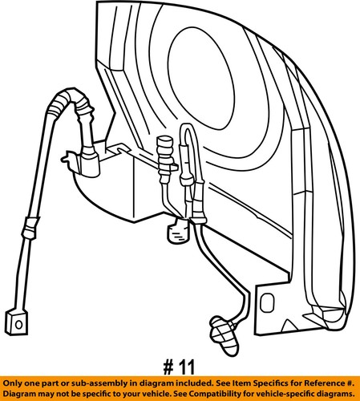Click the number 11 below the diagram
click(x=187, y=367)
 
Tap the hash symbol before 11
click(x=169, y=367)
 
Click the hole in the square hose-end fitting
click(x=18, y=325)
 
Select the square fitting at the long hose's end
click(x=16, y=322)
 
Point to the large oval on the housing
click(x=201, y=79)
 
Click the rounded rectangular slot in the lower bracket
click(x=267, y=302)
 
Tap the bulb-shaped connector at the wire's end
click(x=224, y=335)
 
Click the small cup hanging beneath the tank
click(x=177, y=231)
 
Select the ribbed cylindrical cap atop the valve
click(x=165, y=152)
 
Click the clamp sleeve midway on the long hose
click(x=30, y=228)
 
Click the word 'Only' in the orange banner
click(x=13, y=383)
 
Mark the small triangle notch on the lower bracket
click(x=288, y=325)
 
